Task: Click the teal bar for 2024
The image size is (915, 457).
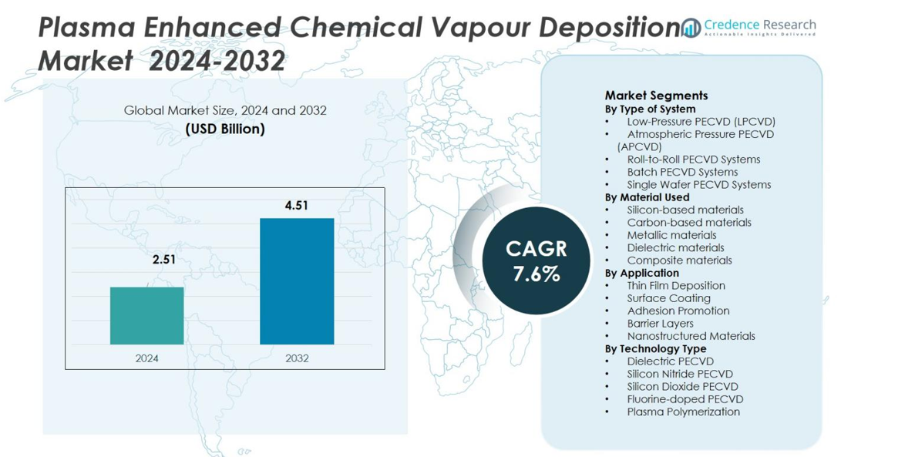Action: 146,315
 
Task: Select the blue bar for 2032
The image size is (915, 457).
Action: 297,281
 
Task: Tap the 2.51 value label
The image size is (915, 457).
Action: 163,260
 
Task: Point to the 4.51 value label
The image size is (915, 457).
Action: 296,206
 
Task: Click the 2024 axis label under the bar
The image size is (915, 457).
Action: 146,358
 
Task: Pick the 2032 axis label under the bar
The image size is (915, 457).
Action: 297,358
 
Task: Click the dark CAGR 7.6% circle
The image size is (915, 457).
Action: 536,260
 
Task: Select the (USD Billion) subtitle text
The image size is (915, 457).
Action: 225,129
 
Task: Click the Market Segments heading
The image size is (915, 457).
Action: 656,96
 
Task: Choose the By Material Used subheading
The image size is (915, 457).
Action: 647,197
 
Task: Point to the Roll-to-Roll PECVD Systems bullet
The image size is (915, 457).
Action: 693,160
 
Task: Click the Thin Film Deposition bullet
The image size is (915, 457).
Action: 675,285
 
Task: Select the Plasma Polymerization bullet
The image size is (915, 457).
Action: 683,412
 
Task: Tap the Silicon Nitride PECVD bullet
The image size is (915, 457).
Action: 679,374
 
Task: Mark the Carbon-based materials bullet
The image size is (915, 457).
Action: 688,222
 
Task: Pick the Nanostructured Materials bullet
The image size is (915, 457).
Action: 691,336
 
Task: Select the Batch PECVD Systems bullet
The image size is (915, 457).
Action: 682,172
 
